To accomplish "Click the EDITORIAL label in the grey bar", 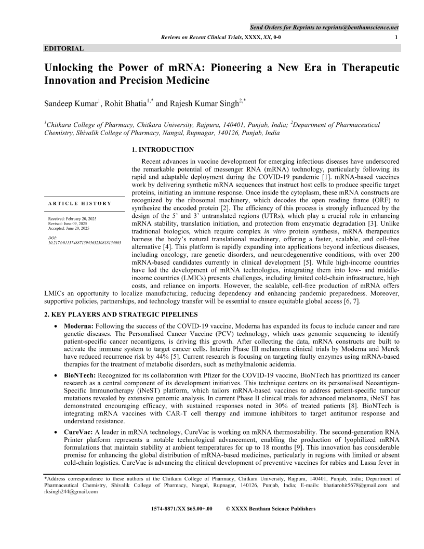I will pos(64,48).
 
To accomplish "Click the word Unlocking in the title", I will pos(71,68).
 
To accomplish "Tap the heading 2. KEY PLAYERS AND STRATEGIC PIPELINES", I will pos(121,314).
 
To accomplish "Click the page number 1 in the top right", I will pos(397,37).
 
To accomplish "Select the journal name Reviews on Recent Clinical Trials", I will pos(203,37).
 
